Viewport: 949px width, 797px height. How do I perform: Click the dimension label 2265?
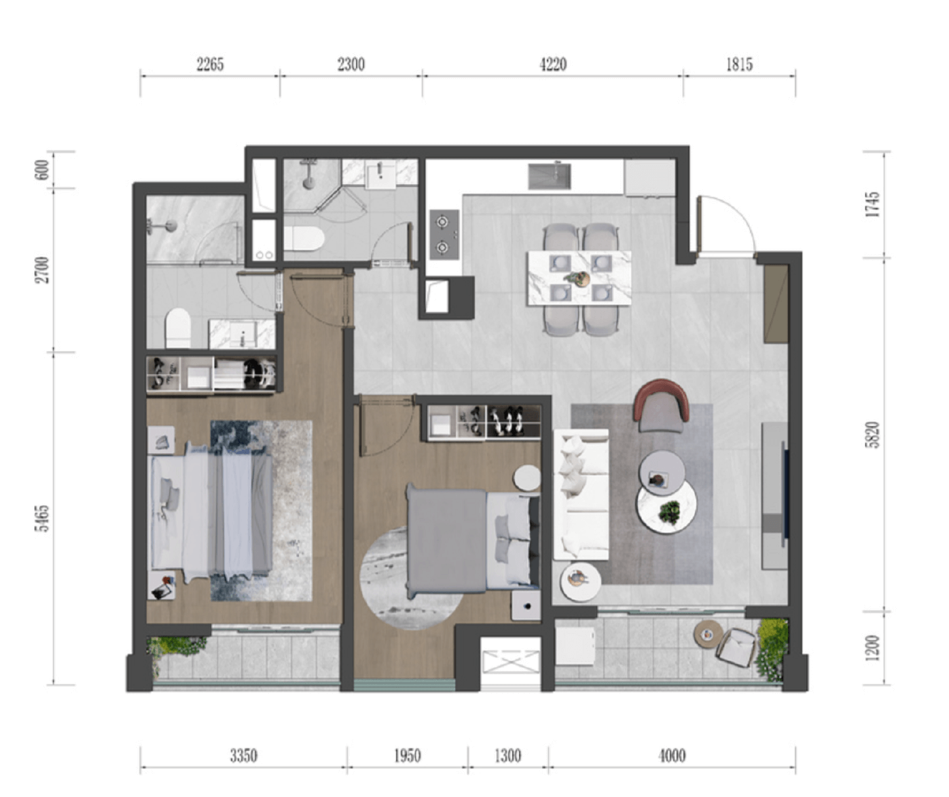[210, 65]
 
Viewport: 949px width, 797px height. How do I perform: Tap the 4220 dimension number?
[553, 65]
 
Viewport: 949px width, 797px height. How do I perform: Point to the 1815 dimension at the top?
[739, 65]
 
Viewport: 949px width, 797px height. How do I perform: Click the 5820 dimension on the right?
[873, 435]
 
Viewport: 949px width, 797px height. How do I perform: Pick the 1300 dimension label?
[507, 756]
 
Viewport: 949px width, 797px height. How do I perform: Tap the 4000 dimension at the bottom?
[672, 756]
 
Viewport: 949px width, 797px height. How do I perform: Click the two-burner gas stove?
[444, 234]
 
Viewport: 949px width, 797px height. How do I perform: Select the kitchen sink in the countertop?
[550, 177]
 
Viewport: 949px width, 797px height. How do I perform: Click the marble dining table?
[579, 278]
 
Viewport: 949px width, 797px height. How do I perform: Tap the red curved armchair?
[662, 406]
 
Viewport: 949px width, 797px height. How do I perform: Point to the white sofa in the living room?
[581, 495]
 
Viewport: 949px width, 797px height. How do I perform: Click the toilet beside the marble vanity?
[178, 328]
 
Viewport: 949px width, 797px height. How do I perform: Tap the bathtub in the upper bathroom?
[304, 238]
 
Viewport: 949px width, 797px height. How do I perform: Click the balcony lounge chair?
[736, 648]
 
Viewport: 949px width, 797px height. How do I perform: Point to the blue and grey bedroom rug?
[262, 510]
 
